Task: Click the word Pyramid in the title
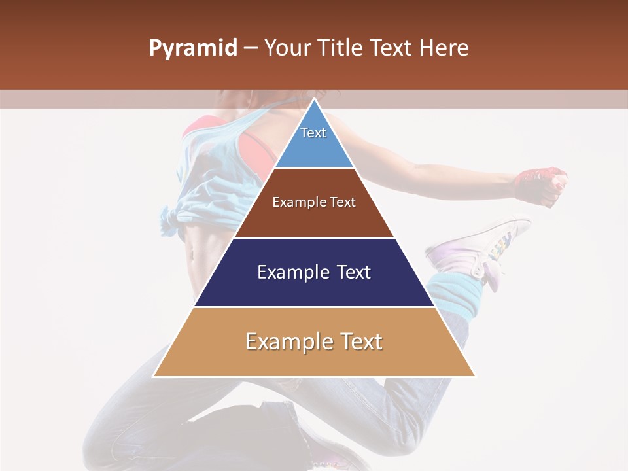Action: tap(193, 48)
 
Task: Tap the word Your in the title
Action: tap(288, 48)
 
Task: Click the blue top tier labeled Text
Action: tap(313, 141)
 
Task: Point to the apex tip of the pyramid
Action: tap(314, 100)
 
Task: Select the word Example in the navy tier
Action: tap(286, 272)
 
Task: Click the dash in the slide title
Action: tap(250, 48)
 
